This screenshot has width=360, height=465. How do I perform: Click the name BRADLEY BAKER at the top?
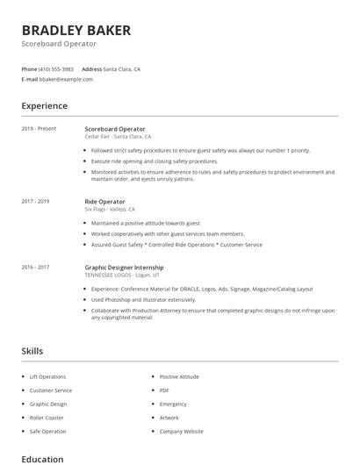pyautogui.click(x=76, y=30)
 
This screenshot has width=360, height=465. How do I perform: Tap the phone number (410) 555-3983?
pyautogui.click(x=57, y=68)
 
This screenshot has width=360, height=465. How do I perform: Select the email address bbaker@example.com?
pyautogui.click(x=67, y=79)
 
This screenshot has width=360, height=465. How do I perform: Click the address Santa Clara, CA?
pyautogui.click(x=122, y=68)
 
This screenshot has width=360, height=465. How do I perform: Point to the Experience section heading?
pyautogui.click(x=45, y=106)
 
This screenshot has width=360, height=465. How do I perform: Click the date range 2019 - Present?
pyautogui.click(x=39, y=129)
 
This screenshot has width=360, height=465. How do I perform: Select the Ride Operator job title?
pyautogui.click(x=104, y=202)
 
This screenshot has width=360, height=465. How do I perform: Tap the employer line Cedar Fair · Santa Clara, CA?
pyautogui.click(x=118, y=137)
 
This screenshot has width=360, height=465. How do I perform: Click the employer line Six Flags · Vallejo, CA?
pyautogui.click(x=110, y=210)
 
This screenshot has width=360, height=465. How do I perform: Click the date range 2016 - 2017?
pyautogui.click(x=35, y=267)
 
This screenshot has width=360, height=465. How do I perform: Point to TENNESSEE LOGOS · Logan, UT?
pyautogui.click(x=123, y=275)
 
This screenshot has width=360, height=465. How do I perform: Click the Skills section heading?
pyautogui.click(x=32, y=351)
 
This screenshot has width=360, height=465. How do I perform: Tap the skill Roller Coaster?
pyautogui.click(x=47, y=418)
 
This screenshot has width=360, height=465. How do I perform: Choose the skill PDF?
pyautogui.click(x=164, y=390)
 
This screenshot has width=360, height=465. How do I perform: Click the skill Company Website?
pyautogui.click(x=182, y=432)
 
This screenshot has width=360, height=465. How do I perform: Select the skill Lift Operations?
pyautogui.click(x=47, y=376)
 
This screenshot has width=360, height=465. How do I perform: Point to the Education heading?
pyautogui.click(x=42, y=458)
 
